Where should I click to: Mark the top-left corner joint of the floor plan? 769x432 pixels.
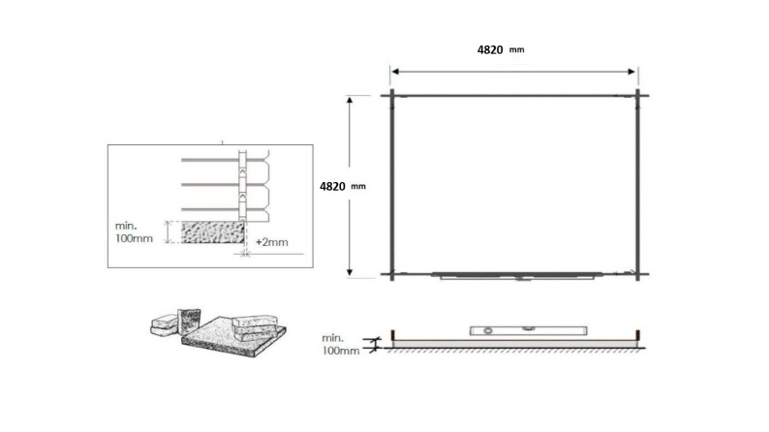390,95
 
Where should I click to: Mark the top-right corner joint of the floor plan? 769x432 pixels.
638,95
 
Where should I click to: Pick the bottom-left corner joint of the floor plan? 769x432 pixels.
390,275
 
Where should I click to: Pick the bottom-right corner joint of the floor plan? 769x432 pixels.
638,275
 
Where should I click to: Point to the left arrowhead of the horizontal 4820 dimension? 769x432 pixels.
394,70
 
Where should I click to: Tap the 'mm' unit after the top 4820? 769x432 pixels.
516,49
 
